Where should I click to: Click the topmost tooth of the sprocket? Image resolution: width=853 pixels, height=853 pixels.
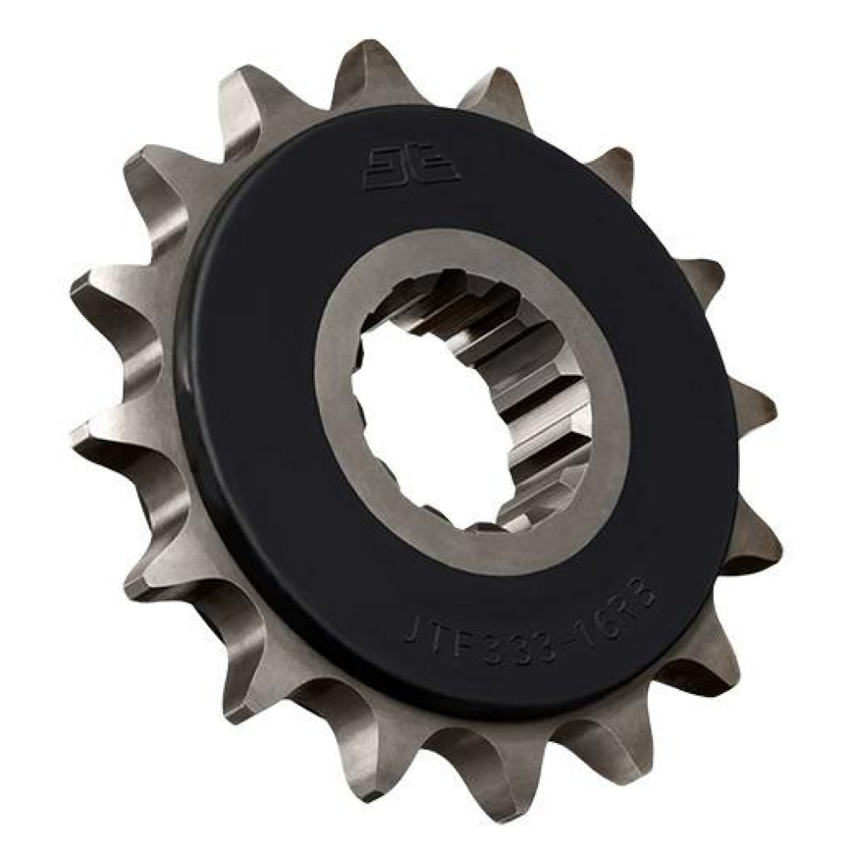(x=367, y=67)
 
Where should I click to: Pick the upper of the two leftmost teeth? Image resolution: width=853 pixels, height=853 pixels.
(x=92, y=292)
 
